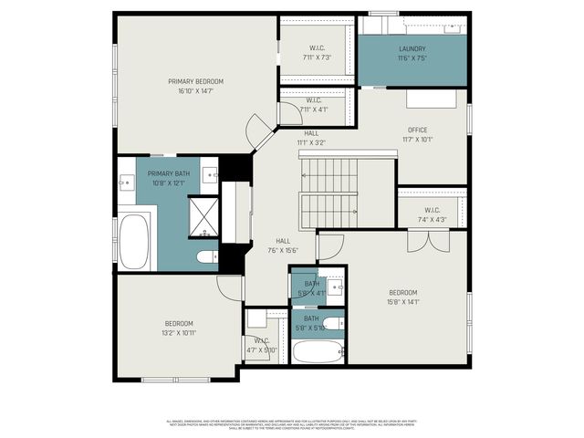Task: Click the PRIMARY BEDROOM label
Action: [x=195, y=81]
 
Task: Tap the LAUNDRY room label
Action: [x=412, y=49]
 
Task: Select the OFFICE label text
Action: [x=416, y=130]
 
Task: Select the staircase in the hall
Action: [x=332, y=193]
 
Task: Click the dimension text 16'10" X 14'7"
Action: [x=195, y=91]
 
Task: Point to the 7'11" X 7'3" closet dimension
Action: [x=316, y=57]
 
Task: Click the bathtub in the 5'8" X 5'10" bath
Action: [x=316, y=352]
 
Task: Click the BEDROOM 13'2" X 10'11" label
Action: [x=179, y=328]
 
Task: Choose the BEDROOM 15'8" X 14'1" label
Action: [x=402, y=297]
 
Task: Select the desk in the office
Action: [x=430, y=98]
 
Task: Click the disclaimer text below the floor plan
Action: [x=292, y=424]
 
